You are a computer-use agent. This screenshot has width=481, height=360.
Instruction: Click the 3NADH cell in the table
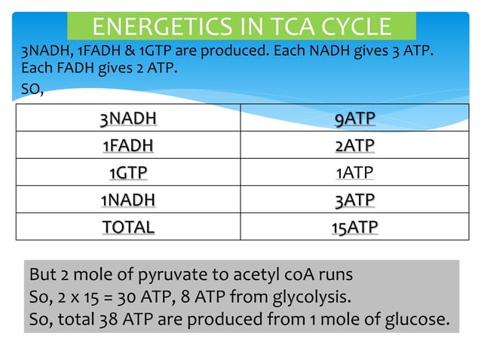[128, 118]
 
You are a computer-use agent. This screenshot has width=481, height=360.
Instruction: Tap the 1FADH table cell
[128, 145]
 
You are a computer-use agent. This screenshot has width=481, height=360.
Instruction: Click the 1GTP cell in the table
[128, 172]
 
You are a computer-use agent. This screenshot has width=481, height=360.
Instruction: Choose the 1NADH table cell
[128, 200]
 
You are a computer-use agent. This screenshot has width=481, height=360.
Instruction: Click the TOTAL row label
[128, 227]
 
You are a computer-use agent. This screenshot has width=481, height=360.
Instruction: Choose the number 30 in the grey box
[140, 297]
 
